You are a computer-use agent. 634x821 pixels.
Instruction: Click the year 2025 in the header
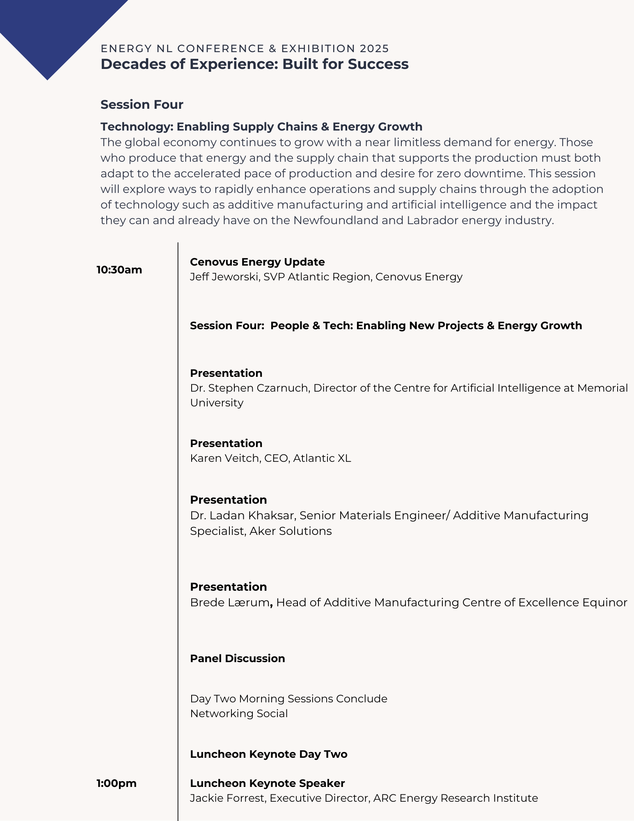click(374, 48)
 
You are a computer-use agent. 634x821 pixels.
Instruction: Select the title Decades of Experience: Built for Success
click(254, 64)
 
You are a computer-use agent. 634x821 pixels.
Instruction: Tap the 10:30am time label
click(119, 270)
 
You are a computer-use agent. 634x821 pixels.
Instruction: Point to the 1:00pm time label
click(117, 783)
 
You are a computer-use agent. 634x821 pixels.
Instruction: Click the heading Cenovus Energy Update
click(257, 262)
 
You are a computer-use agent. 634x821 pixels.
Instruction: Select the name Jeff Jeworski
click(224, 277)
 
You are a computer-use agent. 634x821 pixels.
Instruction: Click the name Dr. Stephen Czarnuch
click(249, 388)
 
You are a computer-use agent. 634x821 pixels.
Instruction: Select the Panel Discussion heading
click(237, 658)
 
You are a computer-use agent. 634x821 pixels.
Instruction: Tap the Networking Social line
click(239, 713)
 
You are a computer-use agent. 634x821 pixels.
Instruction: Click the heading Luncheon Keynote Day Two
click(268, 754)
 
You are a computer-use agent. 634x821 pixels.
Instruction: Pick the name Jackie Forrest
click(227, 798)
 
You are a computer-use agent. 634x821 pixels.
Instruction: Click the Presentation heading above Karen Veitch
click(226, 443)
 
